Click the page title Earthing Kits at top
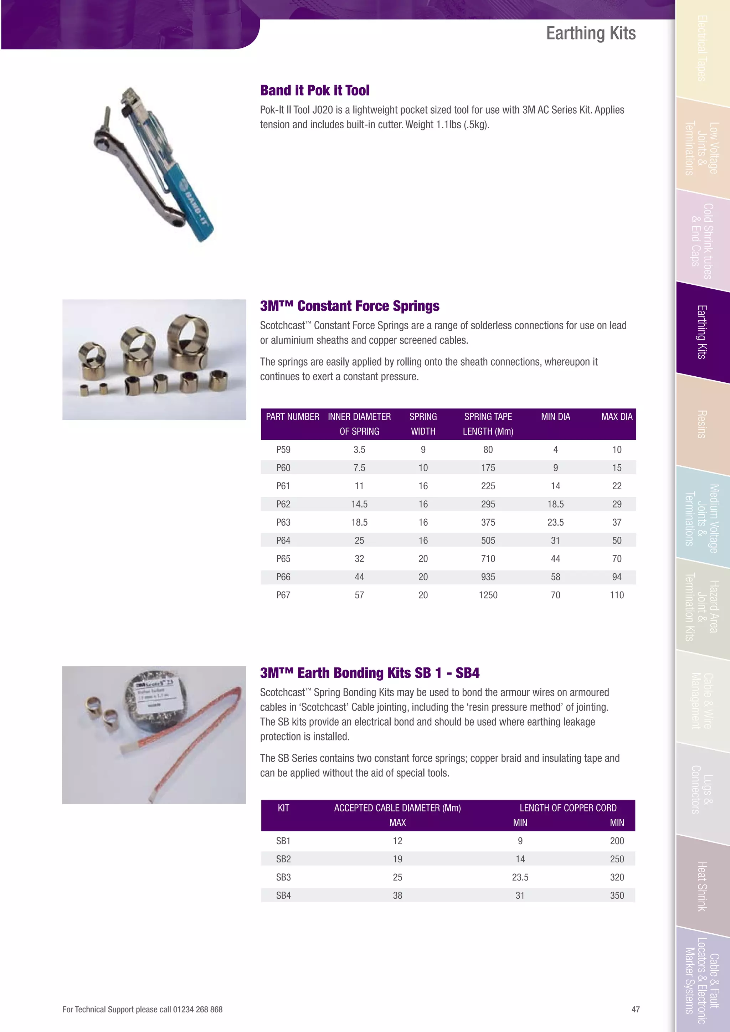pos(590,33)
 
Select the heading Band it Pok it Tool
pos(315,91)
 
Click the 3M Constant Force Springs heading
pos(349,306)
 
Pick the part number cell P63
pos(283,522)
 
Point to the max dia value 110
pos(616,595)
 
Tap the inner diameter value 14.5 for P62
pos(359,504)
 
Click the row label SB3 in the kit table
pos(283,877)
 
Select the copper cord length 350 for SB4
pos(616,896)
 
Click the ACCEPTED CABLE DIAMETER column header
pos(397,808)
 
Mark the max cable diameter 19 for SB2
pos(397,859)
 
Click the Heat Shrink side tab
pos(702,886)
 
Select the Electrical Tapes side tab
pos(702,48)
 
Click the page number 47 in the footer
pos(635,1009)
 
